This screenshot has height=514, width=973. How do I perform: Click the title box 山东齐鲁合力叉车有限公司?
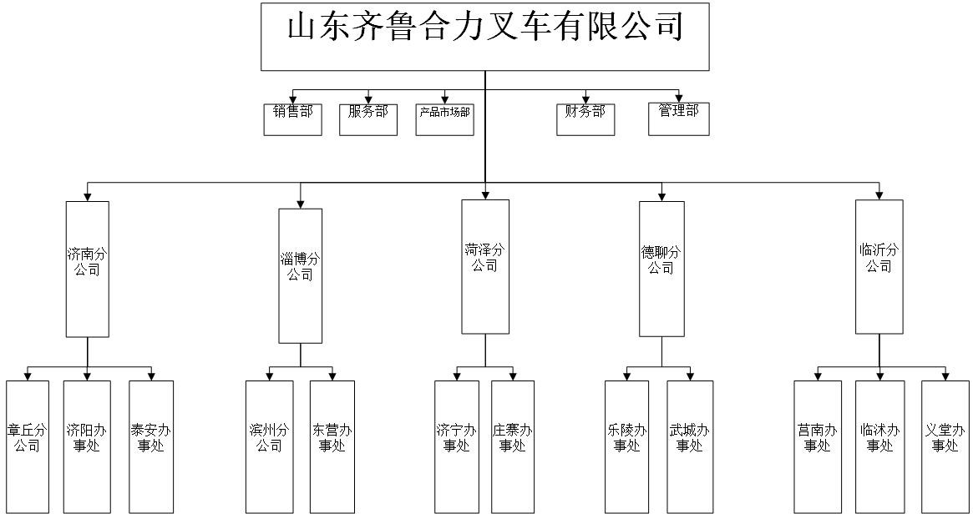pos(485,37)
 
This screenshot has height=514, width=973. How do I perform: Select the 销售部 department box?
pos(292,118)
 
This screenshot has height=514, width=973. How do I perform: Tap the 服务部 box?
pos(368,118)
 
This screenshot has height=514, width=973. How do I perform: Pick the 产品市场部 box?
pos(444,118)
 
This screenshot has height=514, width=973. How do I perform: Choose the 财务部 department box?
pos(585,118)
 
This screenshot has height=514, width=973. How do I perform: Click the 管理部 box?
pos(678,118)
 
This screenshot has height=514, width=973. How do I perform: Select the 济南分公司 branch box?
pos(87,269)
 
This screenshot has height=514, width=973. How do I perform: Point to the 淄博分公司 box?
pos(300,275)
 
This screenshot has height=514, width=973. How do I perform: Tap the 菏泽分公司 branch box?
pos(485,266)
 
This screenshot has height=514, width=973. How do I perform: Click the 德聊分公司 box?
pos(661,268)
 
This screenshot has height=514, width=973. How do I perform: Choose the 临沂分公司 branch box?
pos(879,266)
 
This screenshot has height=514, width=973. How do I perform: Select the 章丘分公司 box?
pos(28,446)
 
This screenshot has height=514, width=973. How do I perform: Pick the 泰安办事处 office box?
pos(151,446)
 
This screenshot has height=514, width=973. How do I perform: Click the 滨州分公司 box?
pos(268,446)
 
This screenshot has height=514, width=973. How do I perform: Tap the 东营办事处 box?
pos(332,446)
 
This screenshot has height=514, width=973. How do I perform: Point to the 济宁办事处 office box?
pos(457,446)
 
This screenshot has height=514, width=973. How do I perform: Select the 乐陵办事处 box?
pos(626,446)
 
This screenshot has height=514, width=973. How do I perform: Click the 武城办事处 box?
pos(690,446)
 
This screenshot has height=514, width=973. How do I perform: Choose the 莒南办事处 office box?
pos(817,446)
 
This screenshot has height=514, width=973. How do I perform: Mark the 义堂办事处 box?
pos(945,446)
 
